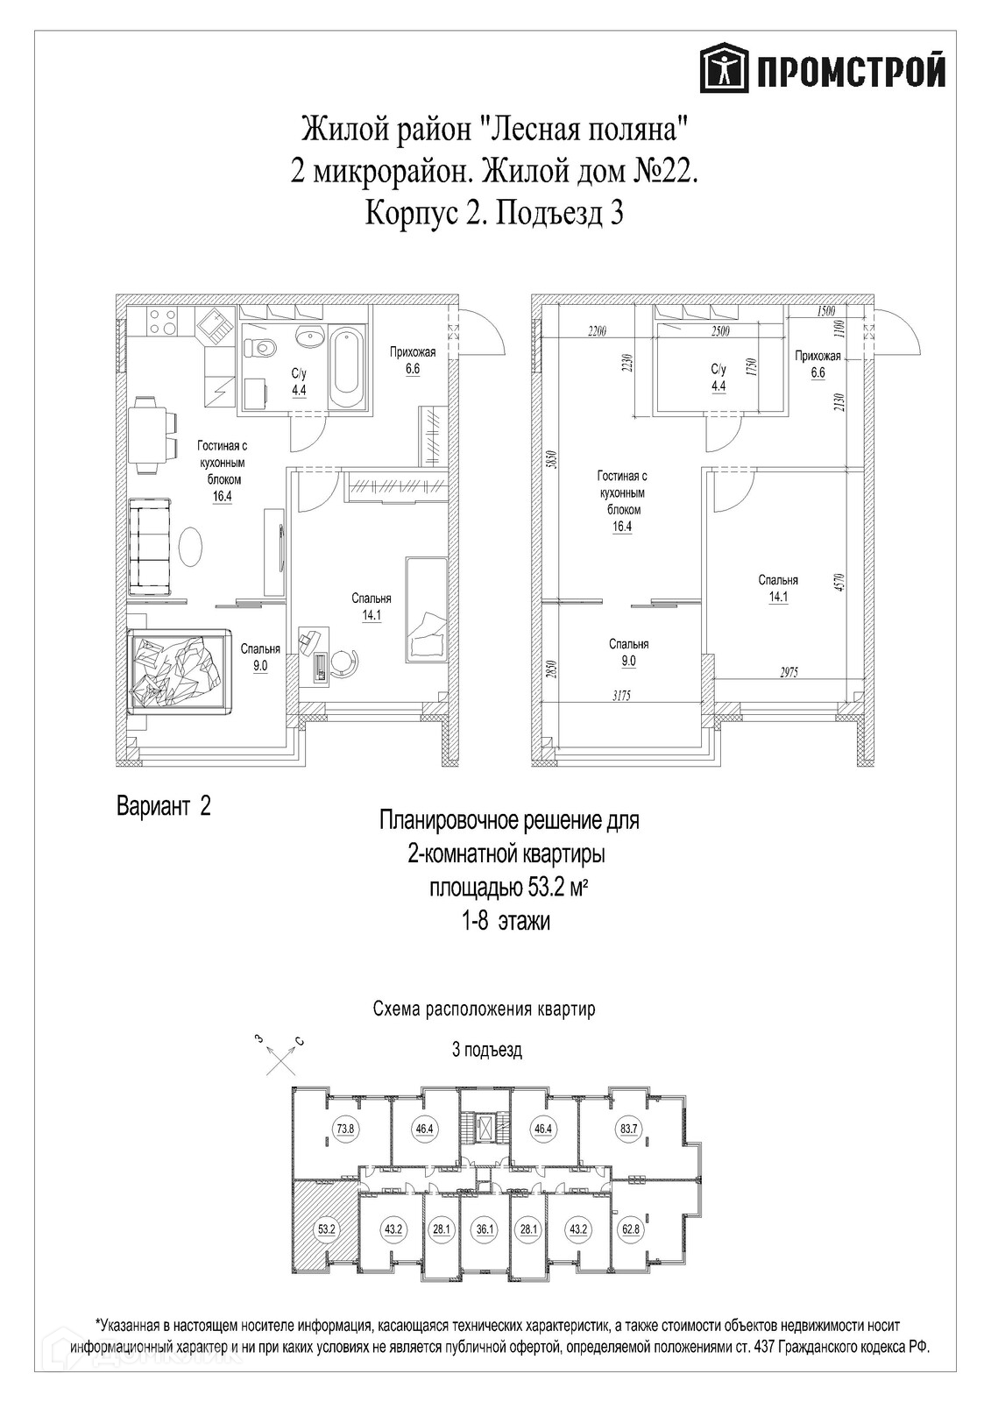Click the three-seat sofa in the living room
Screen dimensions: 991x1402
[150, 547]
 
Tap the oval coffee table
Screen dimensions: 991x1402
[191, 545]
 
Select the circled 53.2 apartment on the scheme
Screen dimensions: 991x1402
[326, 1229]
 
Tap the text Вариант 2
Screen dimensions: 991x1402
[163, 807]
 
